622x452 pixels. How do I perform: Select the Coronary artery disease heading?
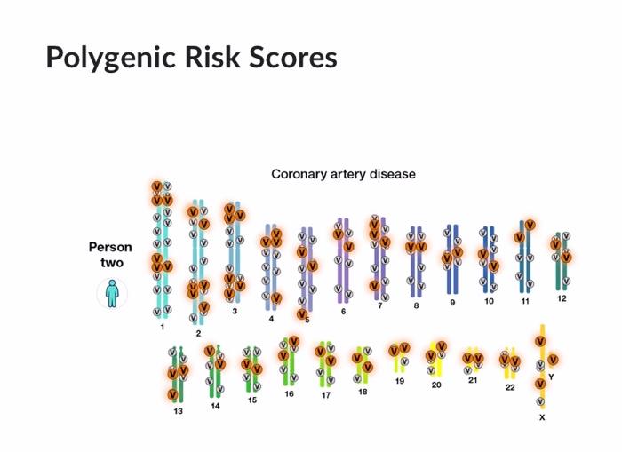343,174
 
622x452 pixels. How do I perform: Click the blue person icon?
112,292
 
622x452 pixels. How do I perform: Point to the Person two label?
110,255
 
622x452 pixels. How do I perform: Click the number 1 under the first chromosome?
163,327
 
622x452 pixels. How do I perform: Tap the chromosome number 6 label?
344,311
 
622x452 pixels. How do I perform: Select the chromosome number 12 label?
562,298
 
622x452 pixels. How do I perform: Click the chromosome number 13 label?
178,411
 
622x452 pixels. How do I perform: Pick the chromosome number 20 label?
436,385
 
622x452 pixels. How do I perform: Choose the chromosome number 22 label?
510,387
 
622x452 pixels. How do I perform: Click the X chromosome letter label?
542,416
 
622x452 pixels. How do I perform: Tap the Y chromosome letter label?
551,377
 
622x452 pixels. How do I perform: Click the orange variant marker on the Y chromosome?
553,360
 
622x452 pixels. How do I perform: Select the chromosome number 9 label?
452,302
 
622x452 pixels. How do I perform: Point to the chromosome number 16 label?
289,393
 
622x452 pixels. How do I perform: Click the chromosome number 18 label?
363,391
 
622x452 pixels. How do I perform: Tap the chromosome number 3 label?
235,312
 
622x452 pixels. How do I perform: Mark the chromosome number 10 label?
489,301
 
